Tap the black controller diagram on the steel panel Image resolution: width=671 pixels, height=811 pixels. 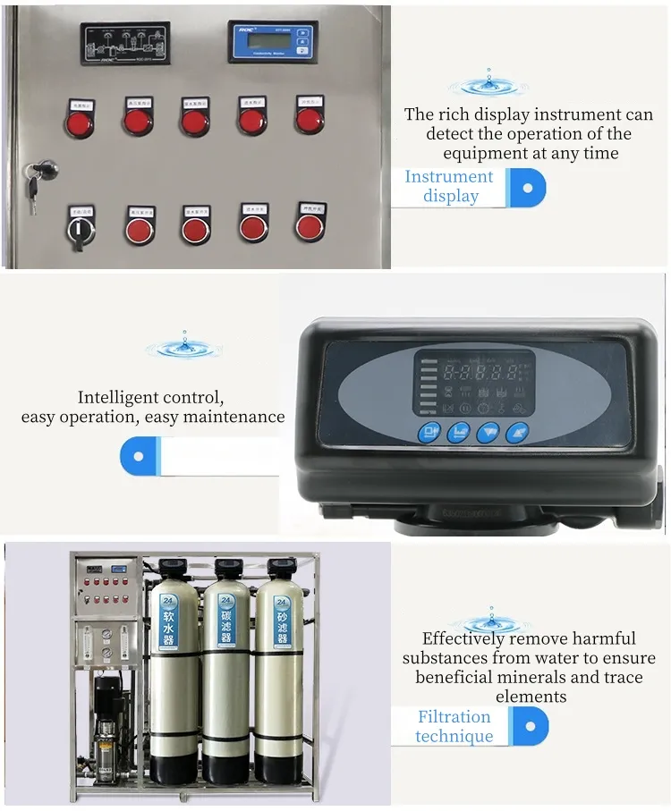click(123, 42)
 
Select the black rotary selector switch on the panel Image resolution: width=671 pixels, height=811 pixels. click(81, 230)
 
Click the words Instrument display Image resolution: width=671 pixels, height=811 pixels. click(449, 186)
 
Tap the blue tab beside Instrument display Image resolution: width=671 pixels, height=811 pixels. click(527, 187)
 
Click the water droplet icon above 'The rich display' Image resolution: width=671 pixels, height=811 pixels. click(488, 85)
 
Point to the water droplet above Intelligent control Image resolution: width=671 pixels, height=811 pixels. click(184, 345)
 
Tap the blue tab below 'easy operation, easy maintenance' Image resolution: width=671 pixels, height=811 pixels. click(140, 455)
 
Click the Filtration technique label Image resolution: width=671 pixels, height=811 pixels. click(454, 726)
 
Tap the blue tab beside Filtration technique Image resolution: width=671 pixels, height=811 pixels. click(530, 726)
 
